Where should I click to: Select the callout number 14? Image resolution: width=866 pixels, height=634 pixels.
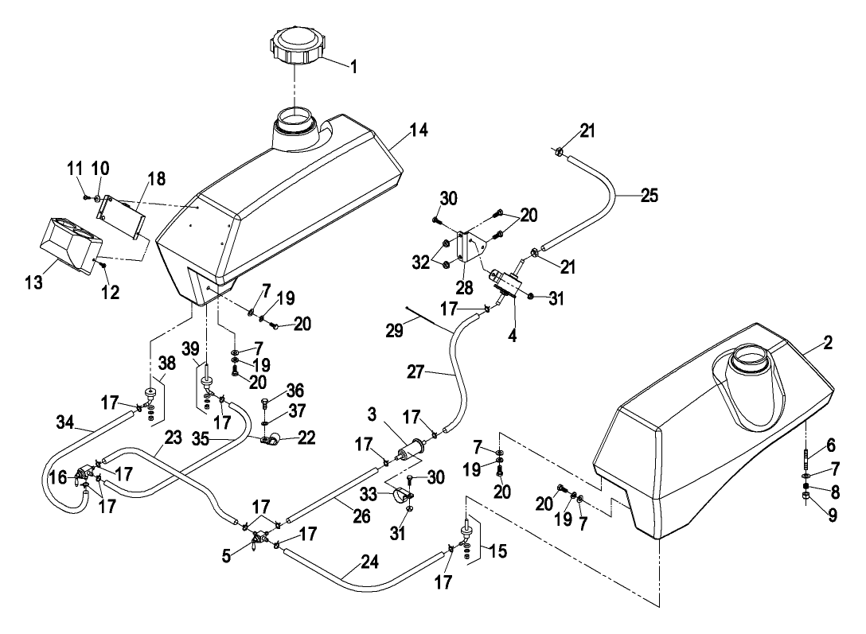coord(419,130)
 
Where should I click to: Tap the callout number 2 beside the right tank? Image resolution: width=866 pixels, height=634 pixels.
coord(827,343)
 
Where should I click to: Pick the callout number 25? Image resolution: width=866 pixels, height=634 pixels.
coord(649,196)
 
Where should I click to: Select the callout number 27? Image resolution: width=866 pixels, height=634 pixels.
coord(415,371)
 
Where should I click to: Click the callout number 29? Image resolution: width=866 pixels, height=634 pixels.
coord(394,330)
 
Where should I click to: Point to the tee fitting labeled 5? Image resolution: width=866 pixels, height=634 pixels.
coord(258,536)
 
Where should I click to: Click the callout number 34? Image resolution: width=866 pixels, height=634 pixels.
coord(65,422)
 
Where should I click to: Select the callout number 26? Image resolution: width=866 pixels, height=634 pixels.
coord(361,516)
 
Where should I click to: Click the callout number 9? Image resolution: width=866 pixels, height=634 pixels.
coord(833,515)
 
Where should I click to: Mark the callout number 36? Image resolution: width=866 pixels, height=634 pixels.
coord(295,390)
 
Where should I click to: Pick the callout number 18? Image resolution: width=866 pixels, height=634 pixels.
coord(156,178)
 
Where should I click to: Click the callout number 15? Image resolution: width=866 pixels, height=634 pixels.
coord(498,550)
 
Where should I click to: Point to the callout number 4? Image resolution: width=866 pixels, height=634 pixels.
coord(513,335)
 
